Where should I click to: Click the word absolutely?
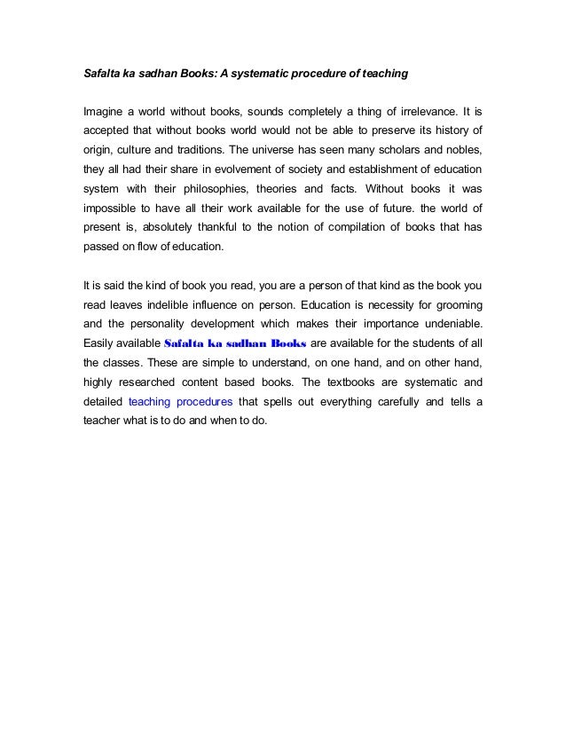[x=169, y=227]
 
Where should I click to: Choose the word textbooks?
[x=358, y=382]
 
